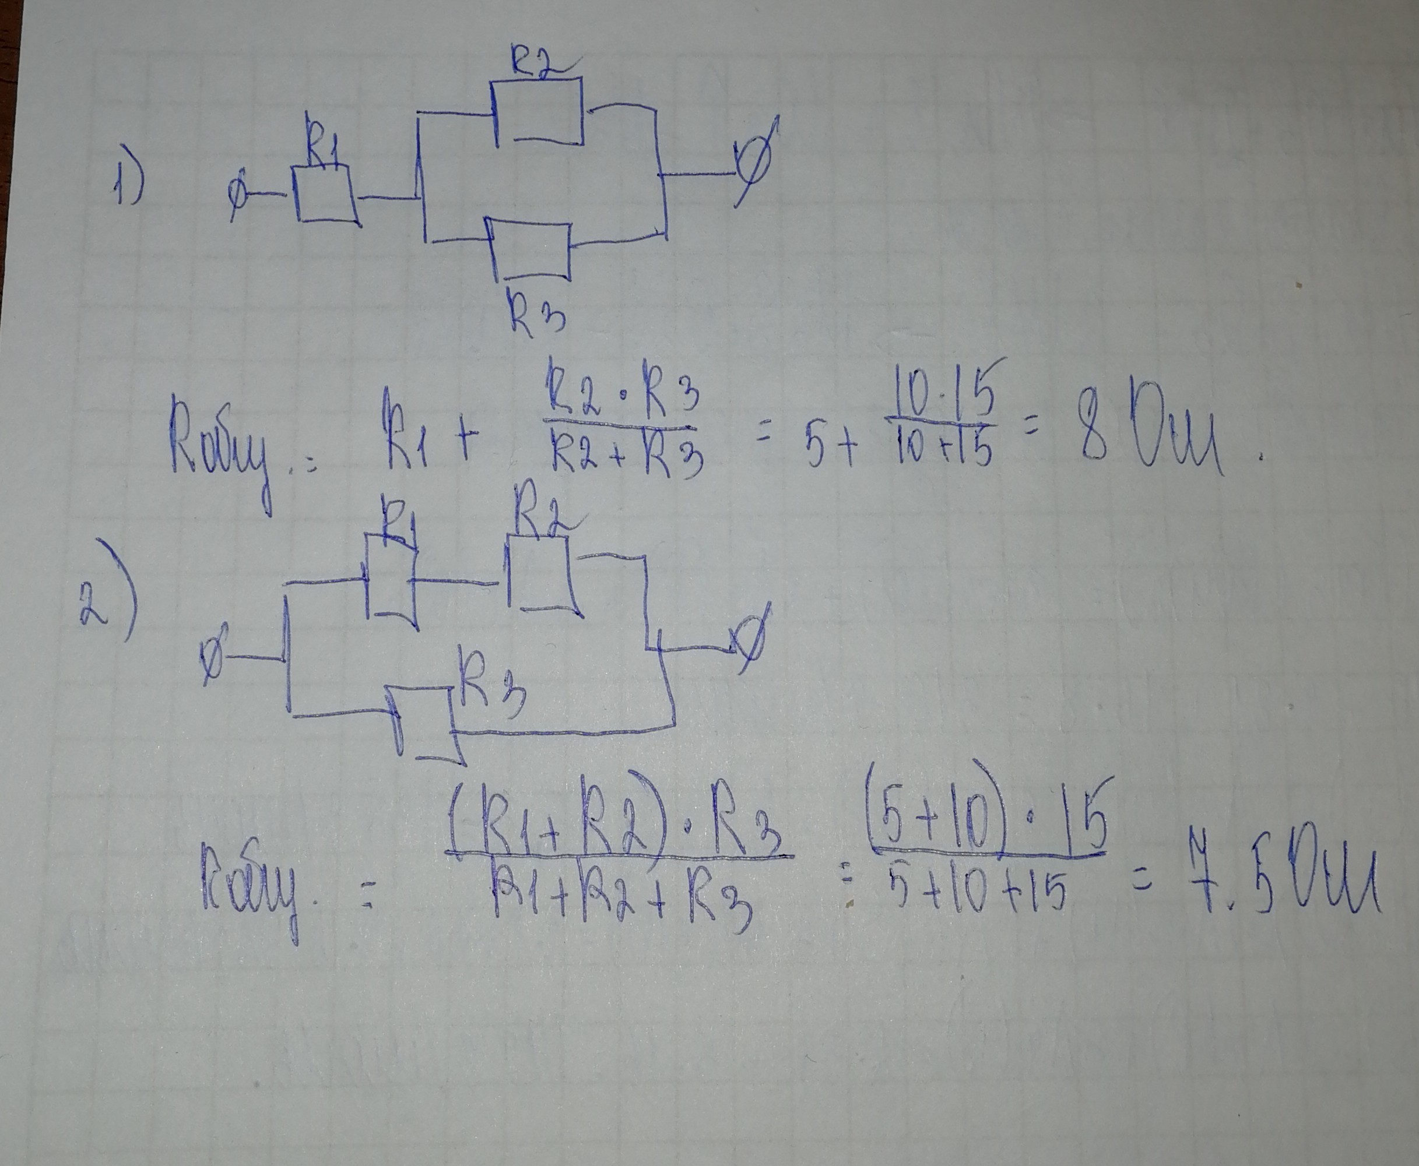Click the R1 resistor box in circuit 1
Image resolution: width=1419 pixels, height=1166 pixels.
tap(325, 194)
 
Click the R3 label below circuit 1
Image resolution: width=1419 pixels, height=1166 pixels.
tap(536, 311)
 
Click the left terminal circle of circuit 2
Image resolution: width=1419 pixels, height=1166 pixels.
tap(215, 656)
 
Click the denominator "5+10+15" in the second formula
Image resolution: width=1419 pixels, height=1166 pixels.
tap(974, 893)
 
